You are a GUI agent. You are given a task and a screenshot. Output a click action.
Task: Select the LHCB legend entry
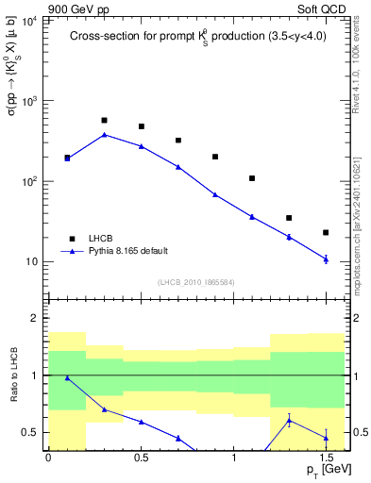pyautogui.click(x=100, y=238)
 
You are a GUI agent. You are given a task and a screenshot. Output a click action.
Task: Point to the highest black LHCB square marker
pyautogui.click(x=104, y=121)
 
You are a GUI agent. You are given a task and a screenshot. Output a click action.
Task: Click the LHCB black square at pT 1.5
pyautogui.click(x=326, y=232)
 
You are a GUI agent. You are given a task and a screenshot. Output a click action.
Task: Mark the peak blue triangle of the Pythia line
pyautogui.click(x=104, y=135)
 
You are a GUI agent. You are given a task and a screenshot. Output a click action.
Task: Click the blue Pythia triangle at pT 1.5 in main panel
pyautogui.click(x=326, y=258)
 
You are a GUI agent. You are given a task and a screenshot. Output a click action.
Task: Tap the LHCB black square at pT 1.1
pyautogui.click(x=252, y=178)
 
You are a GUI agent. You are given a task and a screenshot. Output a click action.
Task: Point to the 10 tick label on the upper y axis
pyautogui.click(x=32, y=261)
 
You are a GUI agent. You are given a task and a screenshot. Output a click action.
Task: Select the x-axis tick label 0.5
pyautogui.click(x=141, y=458)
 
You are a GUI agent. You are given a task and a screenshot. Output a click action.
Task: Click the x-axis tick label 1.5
pyautogui.click(x=326, y=458)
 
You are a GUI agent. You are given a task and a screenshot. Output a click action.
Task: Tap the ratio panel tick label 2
pyautogui.click(x=36, y=318)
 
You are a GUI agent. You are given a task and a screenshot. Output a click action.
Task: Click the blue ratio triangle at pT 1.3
pyautogui.click(x=289, y=421)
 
